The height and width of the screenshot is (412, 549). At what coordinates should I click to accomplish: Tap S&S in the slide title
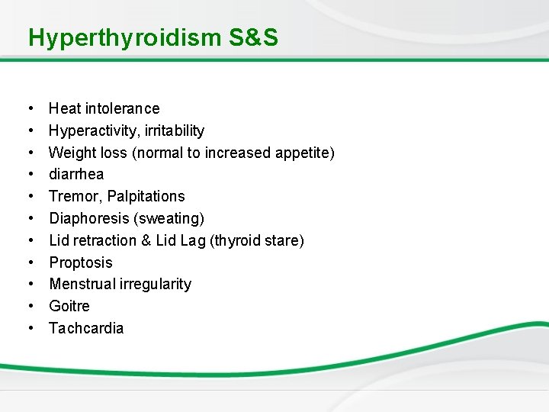253,37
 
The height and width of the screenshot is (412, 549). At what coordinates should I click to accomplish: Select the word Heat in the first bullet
65,108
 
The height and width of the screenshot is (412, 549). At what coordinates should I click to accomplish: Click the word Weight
72,153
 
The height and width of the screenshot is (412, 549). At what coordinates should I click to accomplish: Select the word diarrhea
76,175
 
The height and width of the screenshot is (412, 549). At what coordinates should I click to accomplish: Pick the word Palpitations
146,196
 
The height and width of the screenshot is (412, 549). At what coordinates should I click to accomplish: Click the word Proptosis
81,262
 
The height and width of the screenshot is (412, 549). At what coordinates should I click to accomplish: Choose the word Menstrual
82,284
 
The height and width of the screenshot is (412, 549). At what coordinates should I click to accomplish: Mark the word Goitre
69,306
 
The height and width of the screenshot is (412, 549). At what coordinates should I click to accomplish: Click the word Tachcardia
86,328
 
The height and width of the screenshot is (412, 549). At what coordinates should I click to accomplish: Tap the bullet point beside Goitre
30,306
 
